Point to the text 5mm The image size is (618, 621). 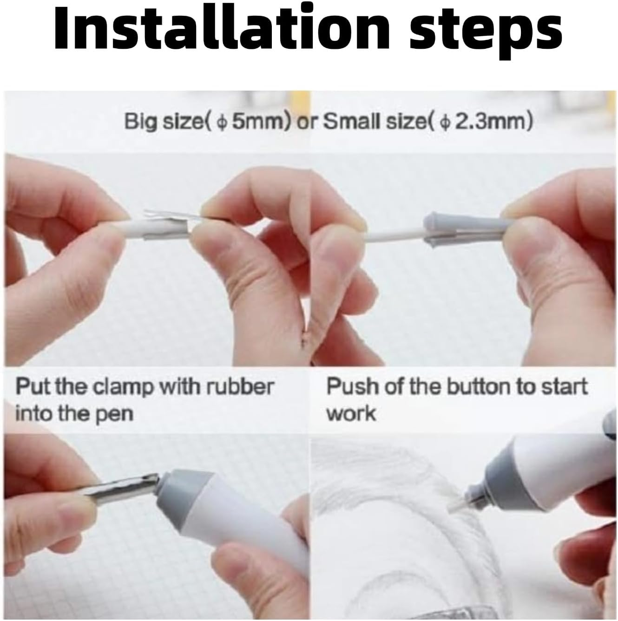(x=260, y=122)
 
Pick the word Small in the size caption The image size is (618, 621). (x=350, y=122)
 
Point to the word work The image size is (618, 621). (x=351, y=413)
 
